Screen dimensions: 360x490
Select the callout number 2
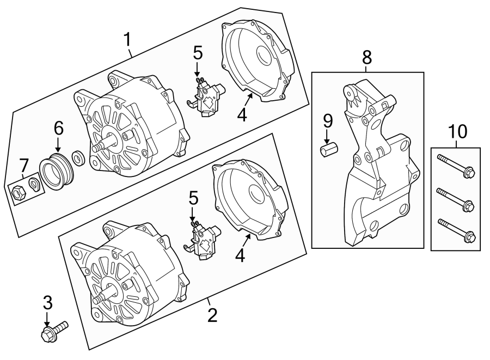click(x=212, y=315)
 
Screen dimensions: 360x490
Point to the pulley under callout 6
click(x=55, y=172)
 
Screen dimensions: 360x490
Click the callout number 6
click(x=58, y=129)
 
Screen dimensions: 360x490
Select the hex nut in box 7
click(x=17, y=192)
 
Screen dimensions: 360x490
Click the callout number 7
click(x=23, y=165)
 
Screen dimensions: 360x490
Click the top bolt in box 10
click(x=456, y=166)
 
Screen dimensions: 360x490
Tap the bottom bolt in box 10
click(x=456, y=230)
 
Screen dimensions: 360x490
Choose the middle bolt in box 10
click(x=456, y=199)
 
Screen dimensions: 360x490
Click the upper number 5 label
click(x=197, y=53)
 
